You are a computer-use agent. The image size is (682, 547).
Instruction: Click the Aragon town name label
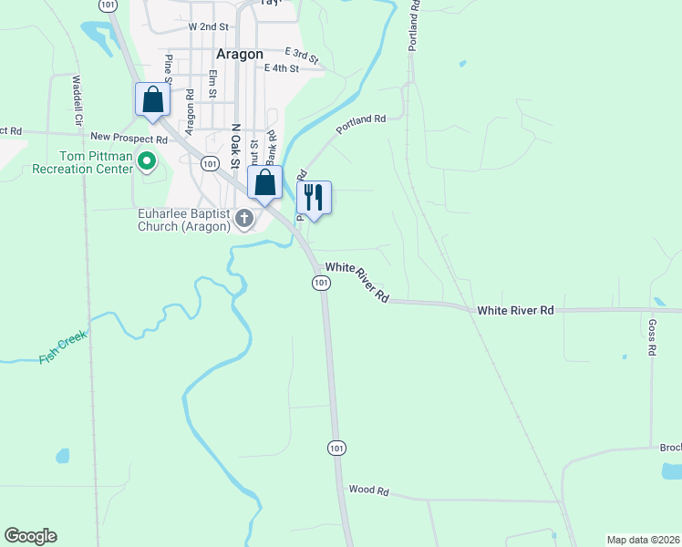(240, 54)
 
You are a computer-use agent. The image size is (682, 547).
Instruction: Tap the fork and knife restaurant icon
(314, 197)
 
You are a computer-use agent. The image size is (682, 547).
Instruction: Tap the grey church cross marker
(243, 219)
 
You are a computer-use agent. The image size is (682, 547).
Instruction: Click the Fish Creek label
(63, 347)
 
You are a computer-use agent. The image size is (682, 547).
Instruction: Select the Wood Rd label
(368, 490)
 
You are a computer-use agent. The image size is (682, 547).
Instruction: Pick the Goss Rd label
(652, 336)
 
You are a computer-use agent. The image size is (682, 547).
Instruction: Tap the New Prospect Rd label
(129, 139)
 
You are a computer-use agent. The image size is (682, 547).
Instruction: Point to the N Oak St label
(235, 147)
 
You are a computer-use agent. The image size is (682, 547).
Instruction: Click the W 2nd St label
(208, 27)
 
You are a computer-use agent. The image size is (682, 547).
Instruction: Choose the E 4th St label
(282, 68)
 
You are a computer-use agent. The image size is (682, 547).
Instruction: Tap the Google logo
(30, 536)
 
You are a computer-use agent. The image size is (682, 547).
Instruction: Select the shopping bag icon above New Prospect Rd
(152, 99)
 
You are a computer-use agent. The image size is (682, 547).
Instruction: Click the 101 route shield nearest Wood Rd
(336, 448)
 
